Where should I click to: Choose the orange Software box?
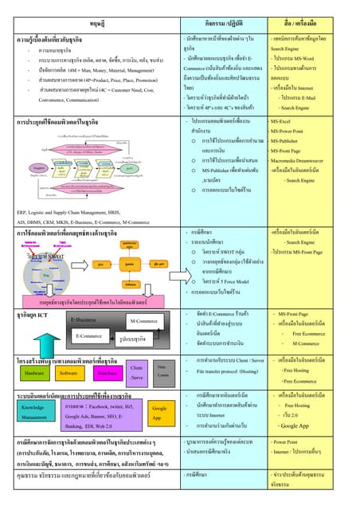[68, 373]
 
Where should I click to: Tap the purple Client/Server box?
[136, 372]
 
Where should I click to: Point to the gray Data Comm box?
[162, 371]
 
